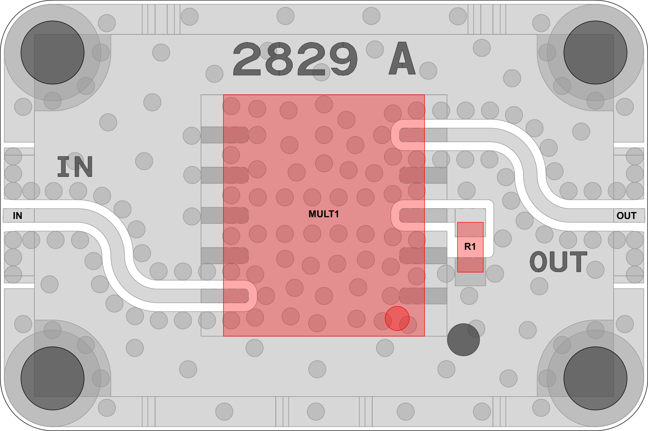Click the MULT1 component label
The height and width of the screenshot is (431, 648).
[x=324, y=214]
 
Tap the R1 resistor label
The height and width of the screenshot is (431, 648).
[x=470, y=247]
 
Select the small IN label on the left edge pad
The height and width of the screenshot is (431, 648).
[x=17, y=215]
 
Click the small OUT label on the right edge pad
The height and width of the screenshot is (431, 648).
[x=627, y=215]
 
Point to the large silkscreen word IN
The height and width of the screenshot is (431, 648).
[x=75, y=166]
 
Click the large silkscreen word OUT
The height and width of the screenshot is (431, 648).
[x=559, y=262]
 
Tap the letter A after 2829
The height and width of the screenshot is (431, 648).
[x=403, y=59]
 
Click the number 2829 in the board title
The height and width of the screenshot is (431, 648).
[x=295, y=59]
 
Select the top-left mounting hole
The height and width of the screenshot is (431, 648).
[x=53, y=53]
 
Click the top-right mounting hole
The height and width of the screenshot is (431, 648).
[x=595, y=53]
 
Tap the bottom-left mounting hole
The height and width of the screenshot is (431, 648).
[x=53, y=378]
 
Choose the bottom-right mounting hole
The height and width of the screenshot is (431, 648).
[x=595, y=378]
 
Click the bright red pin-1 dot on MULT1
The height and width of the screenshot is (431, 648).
[x=397, y=318]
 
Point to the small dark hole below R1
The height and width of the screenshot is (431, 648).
[x=463, y=339]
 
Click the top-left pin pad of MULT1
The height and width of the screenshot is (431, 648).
[x=225, y=135]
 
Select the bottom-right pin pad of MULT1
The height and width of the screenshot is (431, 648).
[x=423, y=296]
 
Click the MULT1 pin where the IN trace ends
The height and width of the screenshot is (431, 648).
[x=225, y=296]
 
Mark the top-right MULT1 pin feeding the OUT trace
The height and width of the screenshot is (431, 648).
[x=423, y=135]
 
